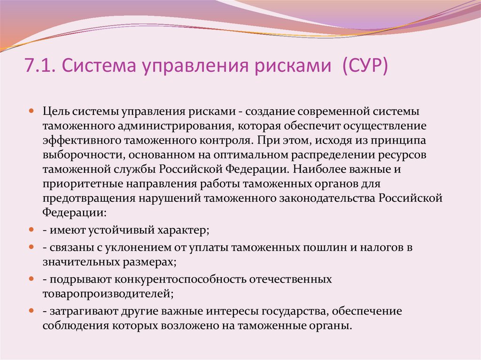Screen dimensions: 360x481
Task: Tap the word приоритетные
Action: tap(77, 184)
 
